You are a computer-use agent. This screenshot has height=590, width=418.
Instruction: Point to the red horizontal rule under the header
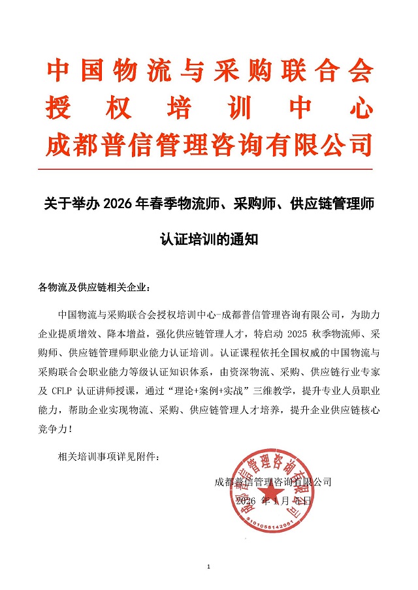pyautogui.click(x=209, y=170)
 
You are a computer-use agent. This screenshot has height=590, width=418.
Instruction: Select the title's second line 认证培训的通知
pyautogui.click(x=210, y=240)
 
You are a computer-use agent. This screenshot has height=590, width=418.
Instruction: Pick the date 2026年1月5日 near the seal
pyautogui.click(x=274, y=501)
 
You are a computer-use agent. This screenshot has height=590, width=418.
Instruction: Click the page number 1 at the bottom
pyautogui.click(x=209, y=566)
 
